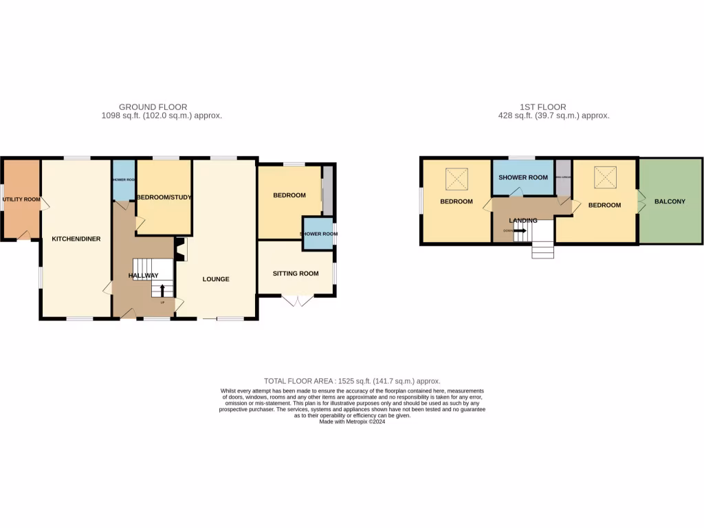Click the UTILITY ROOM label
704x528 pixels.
[x=21, y=199]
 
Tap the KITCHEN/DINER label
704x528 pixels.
[x=76, y=239]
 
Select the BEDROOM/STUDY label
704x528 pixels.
[x=164, y=197]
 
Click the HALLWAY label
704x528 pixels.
[x=144, y=275]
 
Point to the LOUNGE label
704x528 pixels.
[x=216, y=279]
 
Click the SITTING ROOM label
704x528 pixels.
[x=296, y=274]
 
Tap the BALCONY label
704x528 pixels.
[x=670, y=201]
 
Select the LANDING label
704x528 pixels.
[x=523, y=220]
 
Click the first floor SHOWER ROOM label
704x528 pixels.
[x=523, y=177]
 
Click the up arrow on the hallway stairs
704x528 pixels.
[x=162, y=291]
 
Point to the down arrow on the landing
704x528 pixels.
[x=520, y=231]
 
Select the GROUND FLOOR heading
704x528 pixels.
[x=153, y=107]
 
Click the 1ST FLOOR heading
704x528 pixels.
[x=542, y=107]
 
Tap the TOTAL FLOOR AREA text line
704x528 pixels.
[x=352, y=381]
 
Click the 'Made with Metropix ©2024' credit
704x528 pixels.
[x=352, y=421]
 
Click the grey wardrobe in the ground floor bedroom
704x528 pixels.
[x=329, y=189]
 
